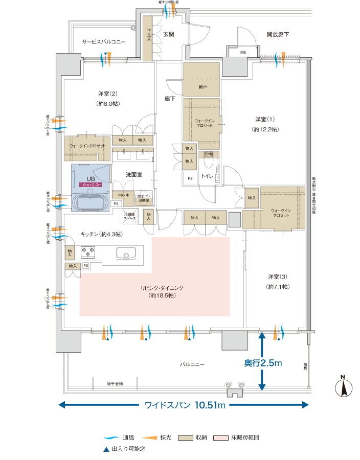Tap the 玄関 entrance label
coord(169,35)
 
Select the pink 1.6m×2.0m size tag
coord(91,185)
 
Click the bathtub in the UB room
coord(91,203)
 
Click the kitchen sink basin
coord(125,253)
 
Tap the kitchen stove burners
coord(87,251)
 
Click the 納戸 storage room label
coord(202,87)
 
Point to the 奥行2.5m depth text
coord(263,363)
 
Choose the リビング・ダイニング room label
coord(162,288)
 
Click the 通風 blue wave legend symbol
coord(110,439)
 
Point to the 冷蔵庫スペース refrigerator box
coord(130,217)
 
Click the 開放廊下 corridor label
coord(278,35)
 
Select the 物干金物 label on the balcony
coord(115,383)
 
